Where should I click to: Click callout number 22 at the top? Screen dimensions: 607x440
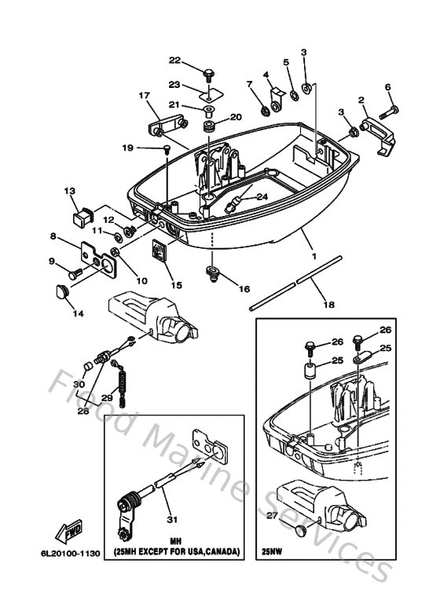[174, 60]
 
